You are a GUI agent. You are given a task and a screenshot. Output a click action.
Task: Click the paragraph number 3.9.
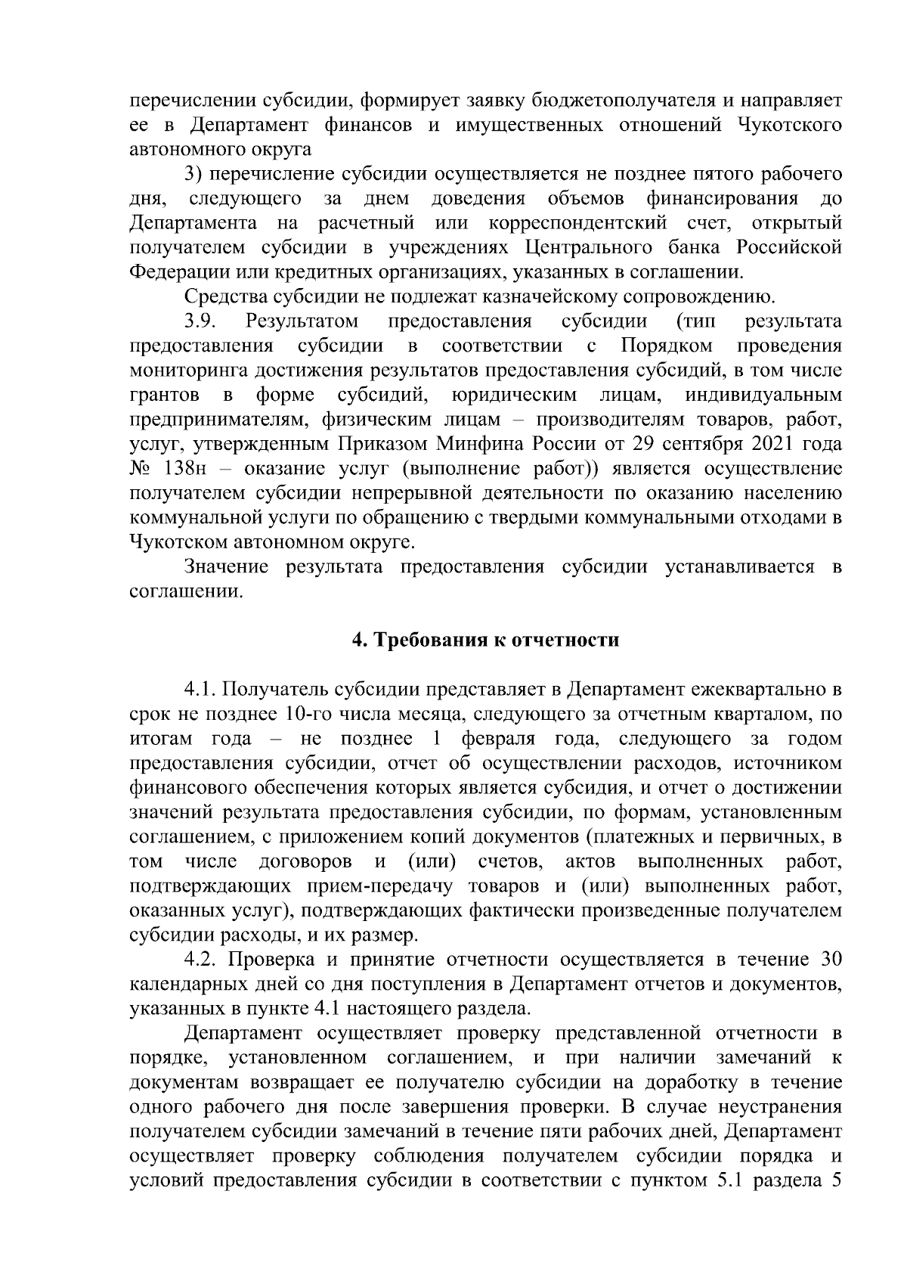coord(203,321)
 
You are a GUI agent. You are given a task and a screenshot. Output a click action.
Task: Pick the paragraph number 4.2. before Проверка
coord(203,960)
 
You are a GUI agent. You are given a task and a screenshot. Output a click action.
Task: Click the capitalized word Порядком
coord(667,346)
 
